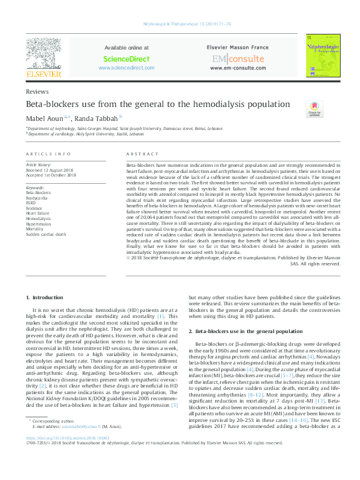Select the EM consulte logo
click(x=238, y=59)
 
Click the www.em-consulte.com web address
click(x=238, y=68)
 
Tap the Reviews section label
click(x=38, y=91)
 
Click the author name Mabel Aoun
click(x=44, y=118)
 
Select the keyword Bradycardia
click(x=39, y=198)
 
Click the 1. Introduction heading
click(x=47, y=297)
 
